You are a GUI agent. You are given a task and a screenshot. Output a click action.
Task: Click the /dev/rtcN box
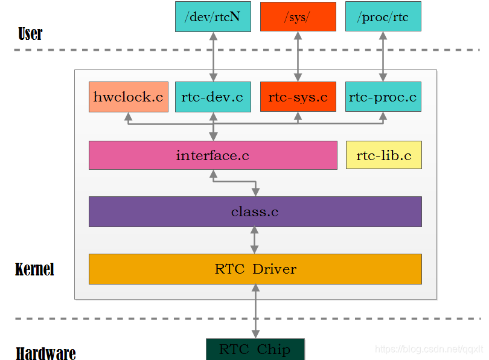[213, 17]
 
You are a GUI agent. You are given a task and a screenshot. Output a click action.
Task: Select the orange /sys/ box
[298, 17]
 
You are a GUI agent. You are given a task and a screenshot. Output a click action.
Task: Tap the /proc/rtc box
[383, 17]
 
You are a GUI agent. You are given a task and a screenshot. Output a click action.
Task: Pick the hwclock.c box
[127, 97]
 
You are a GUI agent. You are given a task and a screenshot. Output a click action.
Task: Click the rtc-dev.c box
[213, 97]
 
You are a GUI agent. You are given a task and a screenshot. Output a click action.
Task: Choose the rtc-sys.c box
[298, 97]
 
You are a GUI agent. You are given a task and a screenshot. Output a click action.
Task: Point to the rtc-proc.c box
[383, 97]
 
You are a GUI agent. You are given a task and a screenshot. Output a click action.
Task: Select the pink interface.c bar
[213, 155]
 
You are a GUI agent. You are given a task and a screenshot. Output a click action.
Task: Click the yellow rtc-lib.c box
[383, 155]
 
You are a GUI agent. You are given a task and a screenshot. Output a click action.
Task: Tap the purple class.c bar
[255, 212]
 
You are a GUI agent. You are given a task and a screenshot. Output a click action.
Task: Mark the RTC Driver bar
[255, 269]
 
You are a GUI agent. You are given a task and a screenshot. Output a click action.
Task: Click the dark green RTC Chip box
[255, 349]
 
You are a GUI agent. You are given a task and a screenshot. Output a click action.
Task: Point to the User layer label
[30, 34]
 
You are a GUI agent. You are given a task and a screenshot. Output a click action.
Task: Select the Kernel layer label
[34, 269]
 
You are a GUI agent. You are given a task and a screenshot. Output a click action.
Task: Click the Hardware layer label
[46, 353]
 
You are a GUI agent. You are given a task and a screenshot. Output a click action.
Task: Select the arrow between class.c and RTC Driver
[255, 240]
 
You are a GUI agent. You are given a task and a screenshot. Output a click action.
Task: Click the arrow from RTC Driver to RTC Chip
[255, 311]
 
